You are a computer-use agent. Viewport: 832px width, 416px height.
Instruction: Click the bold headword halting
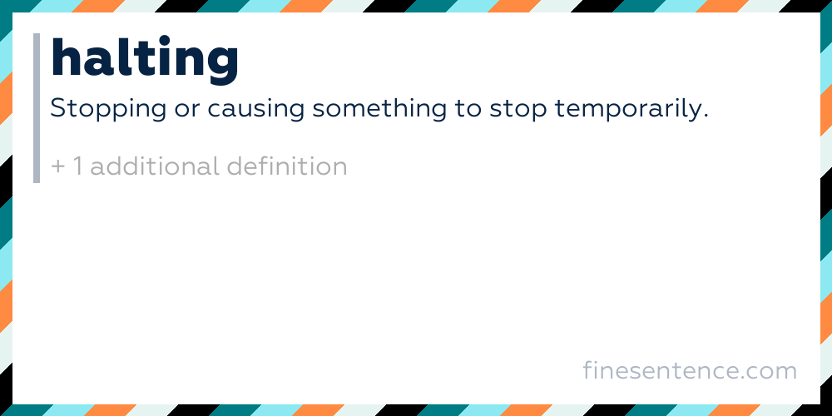tap(144, 59)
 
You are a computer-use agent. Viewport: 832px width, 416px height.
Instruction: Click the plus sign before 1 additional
tap(57, 166)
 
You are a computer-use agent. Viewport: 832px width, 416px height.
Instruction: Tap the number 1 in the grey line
tap(78, 166)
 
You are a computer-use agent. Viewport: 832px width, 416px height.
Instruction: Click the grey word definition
tap(286, 166)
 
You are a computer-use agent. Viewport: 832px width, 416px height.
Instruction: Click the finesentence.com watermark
tap(690, 370)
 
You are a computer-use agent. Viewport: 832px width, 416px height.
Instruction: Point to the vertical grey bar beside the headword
tap(37, 108)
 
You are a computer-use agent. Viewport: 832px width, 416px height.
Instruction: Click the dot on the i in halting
tap(165, 39)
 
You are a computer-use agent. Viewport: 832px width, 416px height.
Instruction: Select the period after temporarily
tap(705, 117)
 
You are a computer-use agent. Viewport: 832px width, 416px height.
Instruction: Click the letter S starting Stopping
tap(58, 109)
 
